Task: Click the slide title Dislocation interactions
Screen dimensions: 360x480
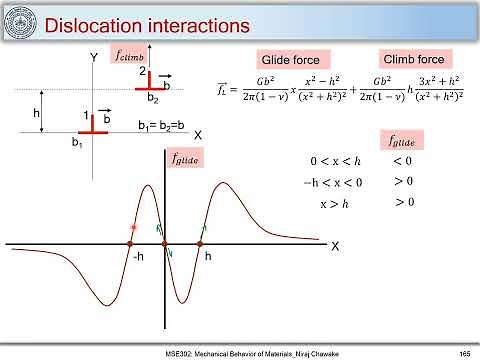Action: [x=139, y=22]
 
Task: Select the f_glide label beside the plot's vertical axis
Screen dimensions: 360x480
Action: [x=186, y=158]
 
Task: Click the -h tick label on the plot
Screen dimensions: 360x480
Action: [x=137, y=257]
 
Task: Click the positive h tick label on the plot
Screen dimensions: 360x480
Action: [x=208, y=257]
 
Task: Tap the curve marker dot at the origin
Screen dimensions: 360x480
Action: [x=165, y=243]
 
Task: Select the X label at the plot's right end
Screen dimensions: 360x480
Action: [x=335, y=245]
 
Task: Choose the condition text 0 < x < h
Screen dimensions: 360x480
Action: [x=334, y=161]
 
